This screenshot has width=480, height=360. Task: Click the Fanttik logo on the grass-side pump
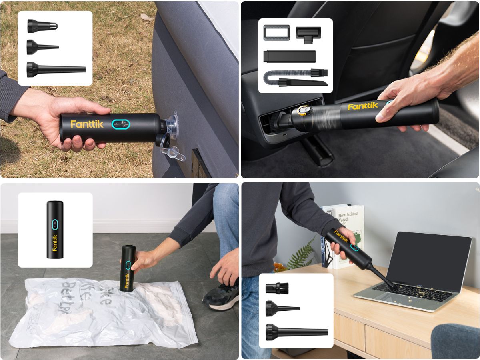87,124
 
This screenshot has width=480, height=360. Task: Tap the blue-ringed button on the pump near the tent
120,125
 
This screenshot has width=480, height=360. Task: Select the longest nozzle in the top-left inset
56,69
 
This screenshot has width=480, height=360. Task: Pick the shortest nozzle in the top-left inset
42,26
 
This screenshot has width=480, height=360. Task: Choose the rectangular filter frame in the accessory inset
276,32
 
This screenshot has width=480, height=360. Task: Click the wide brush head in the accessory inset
308,32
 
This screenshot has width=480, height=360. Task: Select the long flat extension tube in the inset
289,56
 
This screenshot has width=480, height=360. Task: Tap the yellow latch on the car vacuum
304,111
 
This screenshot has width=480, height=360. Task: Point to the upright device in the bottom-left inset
55,229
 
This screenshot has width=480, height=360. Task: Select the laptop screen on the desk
428,262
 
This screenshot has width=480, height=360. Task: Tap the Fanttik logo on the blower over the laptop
341,237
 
